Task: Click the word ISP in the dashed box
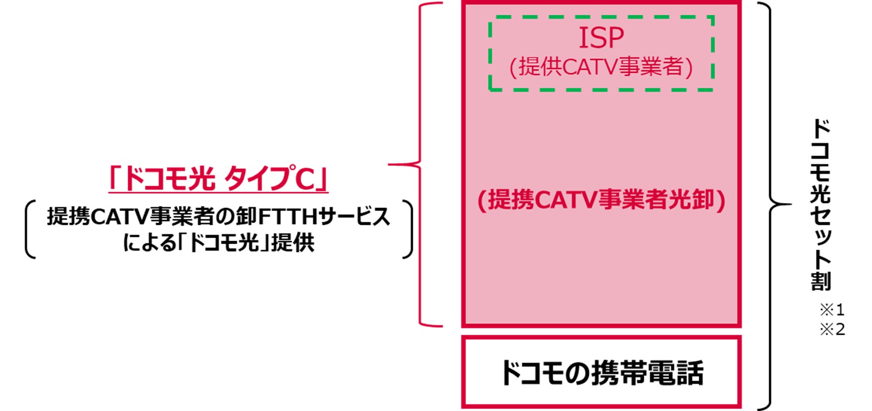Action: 601,38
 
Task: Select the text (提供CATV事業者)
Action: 601,67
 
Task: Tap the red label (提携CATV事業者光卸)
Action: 601,200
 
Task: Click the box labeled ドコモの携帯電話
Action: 601,372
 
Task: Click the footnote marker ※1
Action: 832,310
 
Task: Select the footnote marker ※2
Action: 832,329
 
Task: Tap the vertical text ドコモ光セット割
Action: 820,203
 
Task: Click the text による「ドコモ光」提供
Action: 218,243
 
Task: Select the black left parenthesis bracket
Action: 30,229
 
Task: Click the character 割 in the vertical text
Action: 820,281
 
